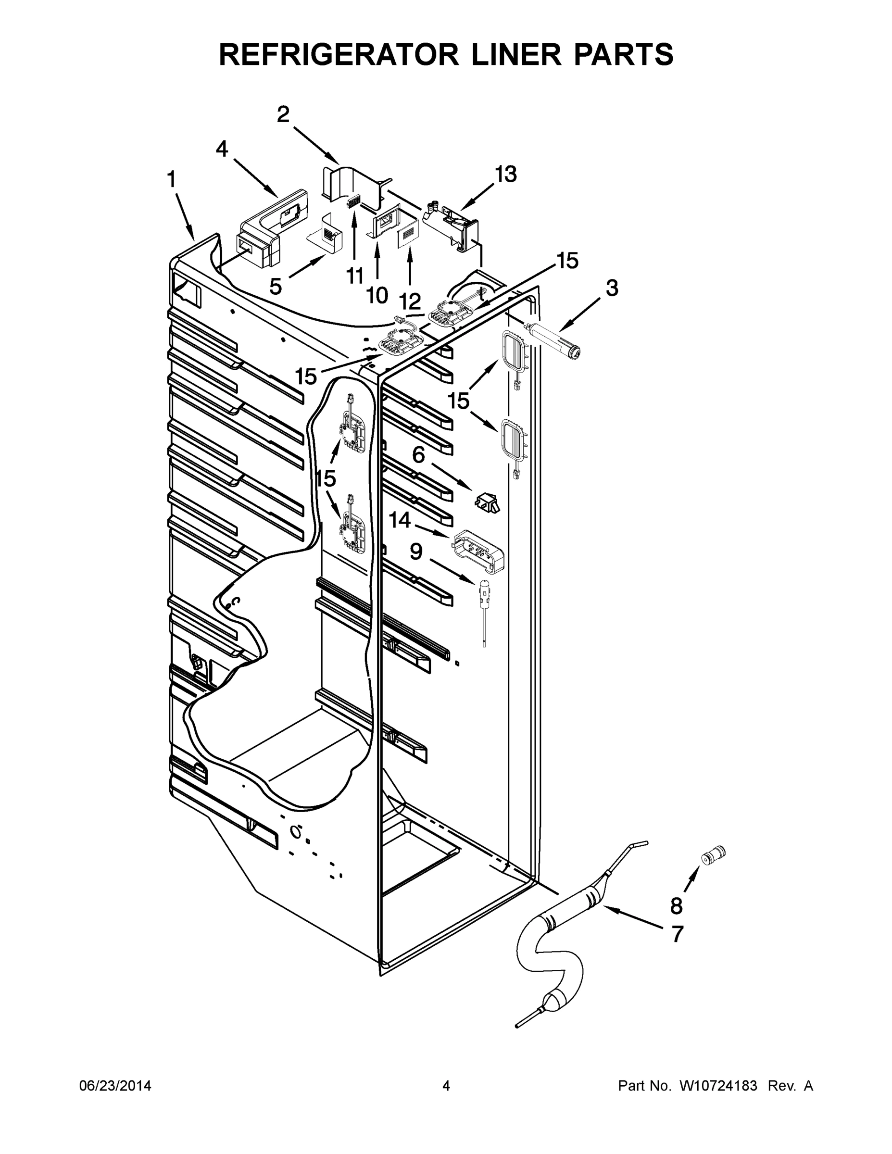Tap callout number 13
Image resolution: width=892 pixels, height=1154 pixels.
pyautogui.click(x=505, y=174)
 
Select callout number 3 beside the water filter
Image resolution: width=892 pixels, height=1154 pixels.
pyautogui.click(x=611, y=288)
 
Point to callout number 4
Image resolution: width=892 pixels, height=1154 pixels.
pyautogui.click(x=222, y=150)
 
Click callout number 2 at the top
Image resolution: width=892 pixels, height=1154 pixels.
pyautogui.click(x=283, y=114)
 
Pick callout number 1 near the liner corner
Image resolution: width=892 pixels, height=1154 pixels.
pyautogui.click(x=172, y=180)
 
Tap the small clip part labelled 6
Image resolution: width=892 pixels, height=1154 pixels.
pyautogui.click(x=487, y=501)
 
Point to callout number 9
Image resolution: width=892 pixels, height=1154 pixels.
pyautogui.click(x=416, y=552)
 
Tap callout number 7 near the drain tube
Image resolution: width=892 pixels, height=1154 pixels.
pyautogui.click(x=677, y=934)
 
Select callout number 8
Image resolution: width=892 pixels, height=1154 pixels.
pyautogui.click(x=677, y=906)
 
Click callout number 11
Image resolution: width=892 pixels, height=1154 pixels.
pyautogui.click(x=354, y=276)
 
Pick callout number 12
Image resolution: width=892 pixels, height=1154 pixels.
pyautogui.click(x=410, y=301)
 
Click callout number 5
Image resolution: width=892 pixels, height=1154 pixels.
pyautogui.click(x=276, y=287)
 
